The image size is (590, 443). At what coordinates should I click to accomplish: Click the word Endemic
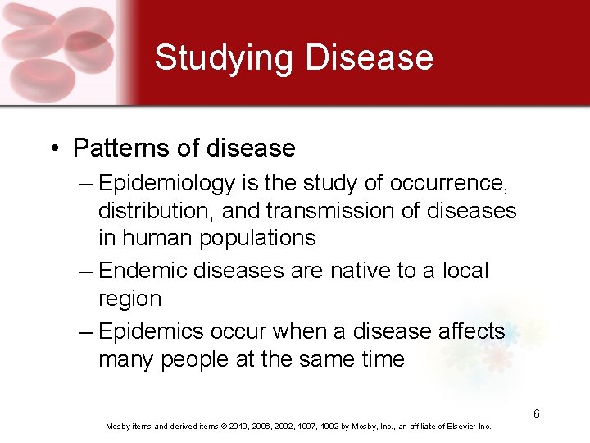[144, 272]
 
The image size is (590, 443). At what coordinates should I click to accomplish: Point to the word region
[129, 299]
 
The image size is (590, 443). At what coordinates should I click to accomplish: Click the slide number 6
[536, 413]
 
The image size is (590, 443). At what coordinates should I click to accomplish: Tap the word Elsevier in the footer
[454, 427]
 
